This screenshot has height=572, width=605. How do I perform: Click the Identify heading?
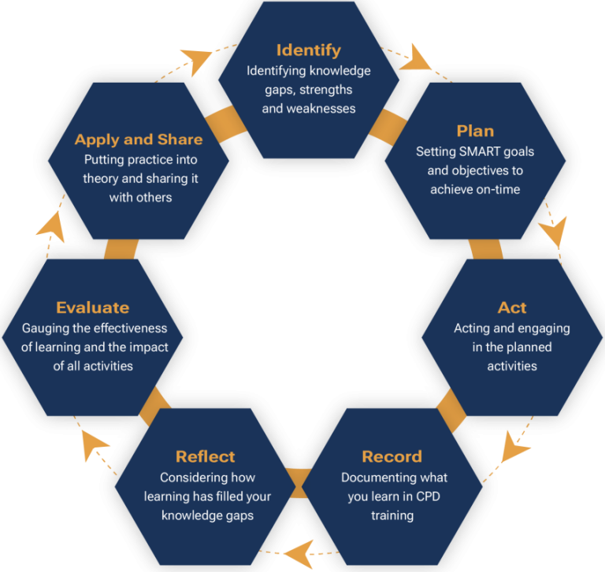pos(308,50)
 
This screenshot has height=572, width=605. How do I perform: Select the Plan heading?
pos(475,131)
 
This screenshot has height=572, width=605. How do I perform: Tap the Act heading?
pos(512,307)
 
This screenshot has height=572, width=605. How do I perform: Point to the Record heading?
pos(392,457)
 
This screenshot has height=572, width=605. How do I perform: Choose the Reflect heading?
pos(205,457)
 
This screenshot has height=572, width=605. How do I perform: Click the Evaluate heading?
pos(92,307)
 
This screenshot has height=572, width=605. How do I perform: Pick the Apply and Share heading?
pos(139,139)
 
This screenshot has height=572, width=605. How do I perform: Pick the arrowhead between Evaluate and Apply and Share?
pos(49,226)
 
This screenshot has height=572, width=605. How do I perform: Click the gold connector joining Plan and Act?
pos(485,248)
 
